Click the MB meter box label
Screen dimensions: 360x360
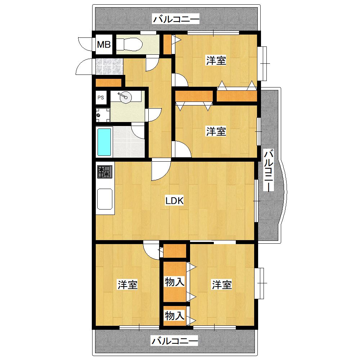[x=104, y=44]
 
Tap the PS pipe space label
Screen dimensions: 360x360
[x=100, y=98]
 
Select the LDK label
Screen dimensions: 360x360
[x=175, y=201]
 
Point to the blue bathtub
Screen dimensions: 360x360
[x=104, y=142]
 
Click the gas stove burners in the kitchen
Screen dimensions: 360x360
[x=105, y=172]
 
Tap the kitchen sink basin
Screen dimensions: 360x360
[x=105, y=199]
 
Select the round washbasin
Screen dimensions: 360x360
[x=126, y=97]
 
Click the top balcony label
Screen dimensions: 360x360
[x=176, y=19]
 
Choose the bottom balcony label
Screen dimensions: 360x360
[x=175, y=341]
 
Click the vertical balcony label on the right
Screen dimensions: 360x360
[x=269, y=170]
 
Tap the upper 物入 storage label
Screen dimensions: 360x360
[x=175, y=282]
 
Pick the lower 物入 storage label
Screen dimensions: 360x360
[x=175, y=316]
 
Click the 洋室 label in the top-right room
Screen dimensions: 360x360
[x=216, y=60]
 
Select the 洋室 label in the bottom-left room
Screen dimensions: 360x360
[x=127, y=285]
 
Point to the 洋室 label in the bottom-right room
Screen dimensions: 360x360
[x=221, y=285]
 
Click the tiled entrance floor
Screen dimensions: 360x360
[x=109, y=66]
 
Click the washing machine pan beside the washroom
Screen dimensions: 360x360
[x=102, y=115]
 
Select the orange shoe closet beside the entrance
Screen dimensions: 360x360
[x=108, y=83]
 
